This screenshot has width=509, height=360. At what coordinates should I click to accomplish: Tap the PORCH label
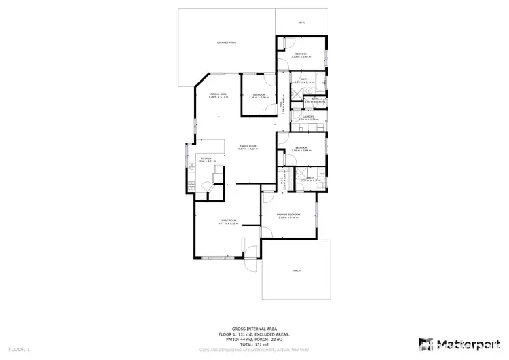pos(296,270)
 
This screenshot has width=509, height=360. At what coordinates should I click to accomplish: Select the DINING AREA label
pos(218,94)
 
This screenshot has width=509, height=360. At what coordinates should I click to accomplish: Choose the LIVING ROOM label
pos(227,221)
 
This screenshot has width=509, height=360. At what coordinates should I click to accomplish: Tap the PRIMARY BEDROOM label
pos(288,215)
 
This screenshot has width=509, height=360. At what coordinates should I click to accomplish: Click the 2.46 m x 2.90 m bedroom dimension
pos(259,97)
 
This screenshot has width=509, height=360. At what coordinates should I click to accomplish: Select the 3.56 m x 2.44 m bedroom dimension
pos(301,150)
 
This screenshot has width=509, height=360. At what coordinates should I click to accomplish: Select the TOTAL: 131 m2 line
pos(254,344)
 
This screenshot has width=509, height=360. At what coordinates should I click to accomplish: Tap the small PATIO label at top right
pos(301,22)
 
